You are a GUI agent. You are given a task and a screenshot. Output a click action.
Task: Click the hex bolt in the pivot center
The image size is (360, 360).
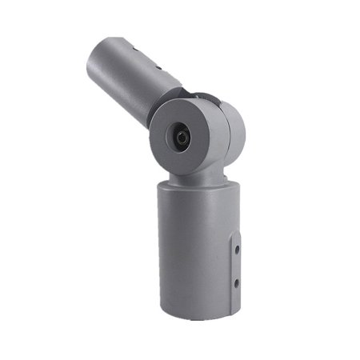click(182, 138)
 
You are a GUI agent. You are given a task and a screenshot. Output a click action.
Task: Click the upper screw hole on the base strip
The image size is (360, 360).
click(237, 250)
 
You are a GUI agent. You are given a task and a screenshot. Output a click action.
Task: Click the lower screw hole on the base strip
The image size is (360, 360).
click(237, 282)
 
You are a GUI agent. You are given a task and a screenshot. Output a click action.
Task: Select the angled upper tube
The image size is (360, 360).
click(128, 76)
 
